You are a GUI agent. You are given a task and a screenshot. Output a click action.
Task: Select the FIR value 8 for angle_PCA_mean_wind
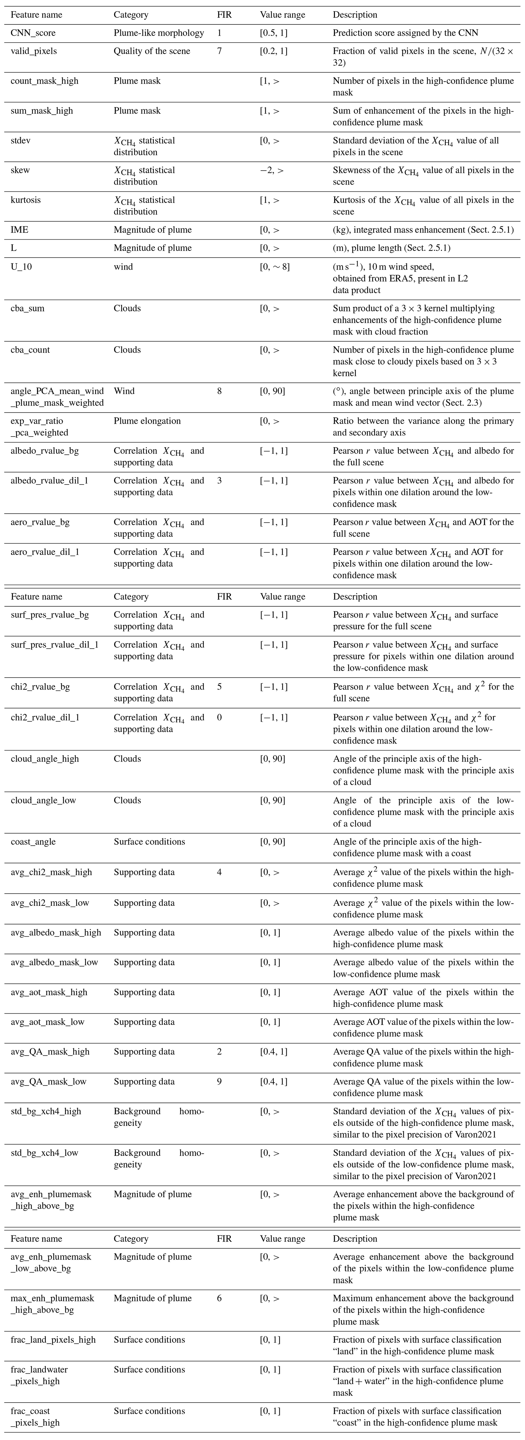pos(219,391)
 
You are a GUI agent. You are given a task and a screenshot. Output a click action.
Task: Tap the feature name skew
pos(20,171)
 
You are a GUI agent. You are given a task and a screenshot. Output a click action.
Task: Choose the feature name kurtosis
pos(26,200)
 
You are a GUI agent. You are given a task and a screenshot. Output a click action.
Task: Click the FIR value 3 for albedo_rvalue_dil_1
pos(219,481)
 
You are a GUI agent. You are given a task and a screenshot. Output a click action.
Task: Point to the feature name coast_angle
pos(34,842)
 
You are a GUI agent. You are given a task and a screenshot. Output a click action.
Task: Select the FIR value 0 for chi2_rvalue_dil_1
pos(219,718)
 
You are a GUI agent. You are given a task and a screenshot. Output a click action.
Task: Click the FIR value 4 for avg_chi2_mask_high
pos(219,872)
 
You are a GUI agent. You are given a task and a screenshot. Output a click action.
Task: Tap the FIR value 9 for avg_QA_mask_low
pos(219,1082)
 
